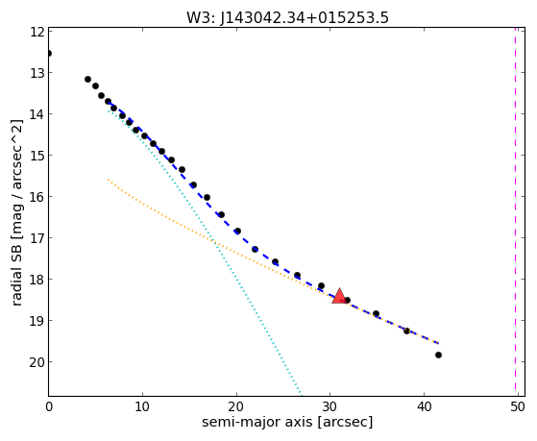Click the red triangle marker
coord(339,297)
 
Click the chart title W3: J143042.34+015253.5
coord(287,17)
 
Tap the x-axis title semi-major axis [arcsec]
coord(287,422)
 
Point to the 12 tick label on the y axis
coord(37,32)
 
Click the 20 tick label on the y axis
coord(37,362)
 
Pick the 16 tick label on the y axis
coord(37,197)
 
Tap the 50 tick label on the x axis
coord(517,406)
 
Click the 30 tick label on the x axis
coord(330,406)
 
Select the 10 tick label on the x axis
coord(142,406)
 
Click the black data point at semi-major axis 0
coord(49,53)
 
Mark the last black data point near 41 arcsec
coord(438,355)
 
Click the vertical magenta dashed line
coord(515,209)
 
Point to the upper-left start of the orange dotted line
coord(109,180)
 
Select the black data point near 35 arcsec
coord(376,313)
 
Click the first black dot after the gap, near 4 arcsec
coord(87,79)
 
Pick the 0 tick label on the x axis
coord(49,406)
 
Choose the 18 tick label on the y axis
coord(37,280)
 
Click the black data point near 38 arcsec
coord(406,331)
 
